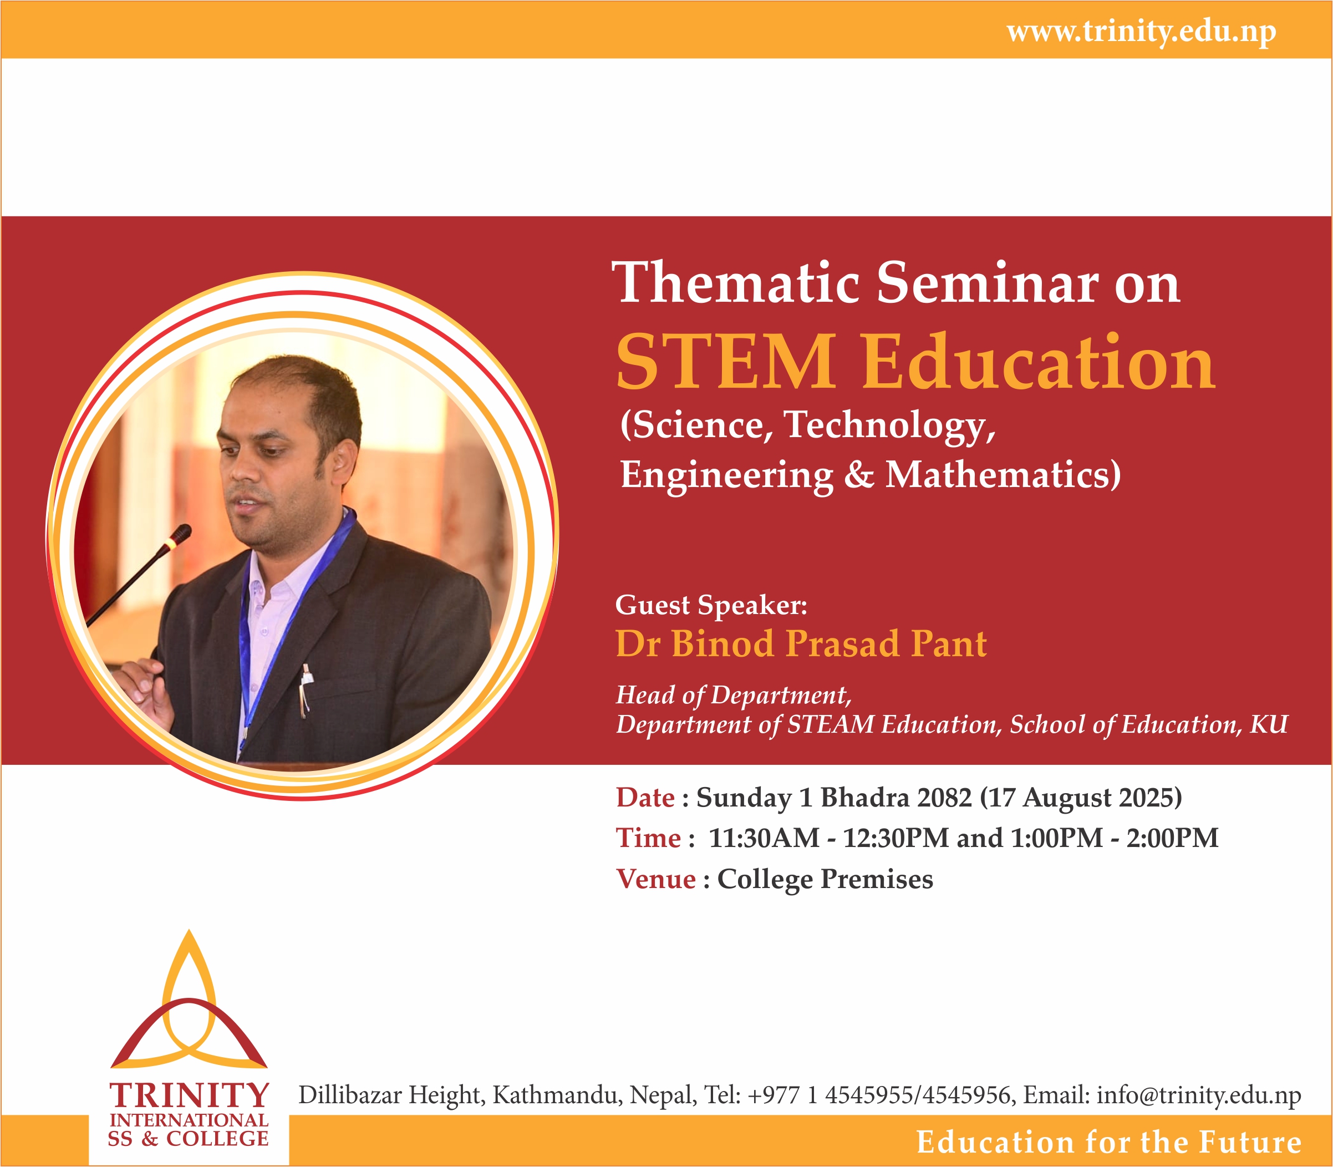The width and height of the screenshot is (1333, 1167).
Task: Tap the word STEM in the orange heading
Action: coord(726,362)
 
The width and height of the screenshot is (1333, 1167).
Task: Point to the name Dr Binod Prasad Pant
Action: coord(801,643)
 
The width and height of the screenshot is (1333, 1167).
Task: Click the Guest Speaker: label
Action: coord(711,606)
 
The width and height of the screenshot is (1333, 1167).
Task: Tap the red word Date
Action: coord(645,798)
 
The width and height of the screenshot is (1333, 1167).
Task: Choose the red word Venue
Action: coord(656,879)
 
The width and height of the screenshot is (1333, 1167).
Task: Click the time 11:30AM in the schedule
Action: coord(764,838)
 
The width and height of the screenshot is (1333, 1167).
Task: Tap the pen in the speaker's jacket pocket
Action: coord(304,691)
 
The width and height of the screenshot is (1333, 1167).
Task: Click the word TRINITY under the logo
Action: coord(189,1095)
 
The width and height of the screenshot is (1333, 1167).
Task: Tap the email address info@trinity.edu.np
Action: coord(1199,1095)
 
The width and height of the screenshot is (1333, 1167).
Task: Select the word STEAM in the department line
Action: coord(831,724)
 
